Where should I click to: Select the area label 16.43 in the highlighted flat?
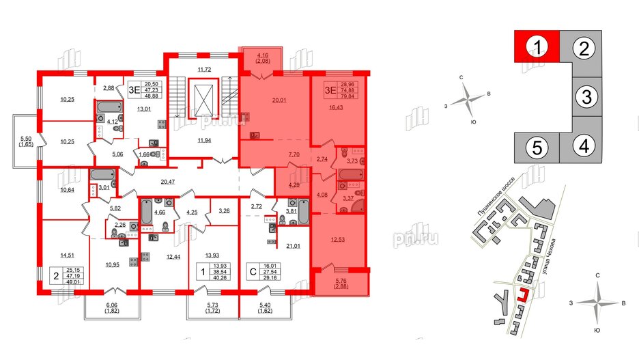[337, 107]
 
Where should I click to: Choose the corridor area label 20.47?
[158, 182]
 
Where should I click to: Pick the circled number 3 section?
[585, 97]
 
